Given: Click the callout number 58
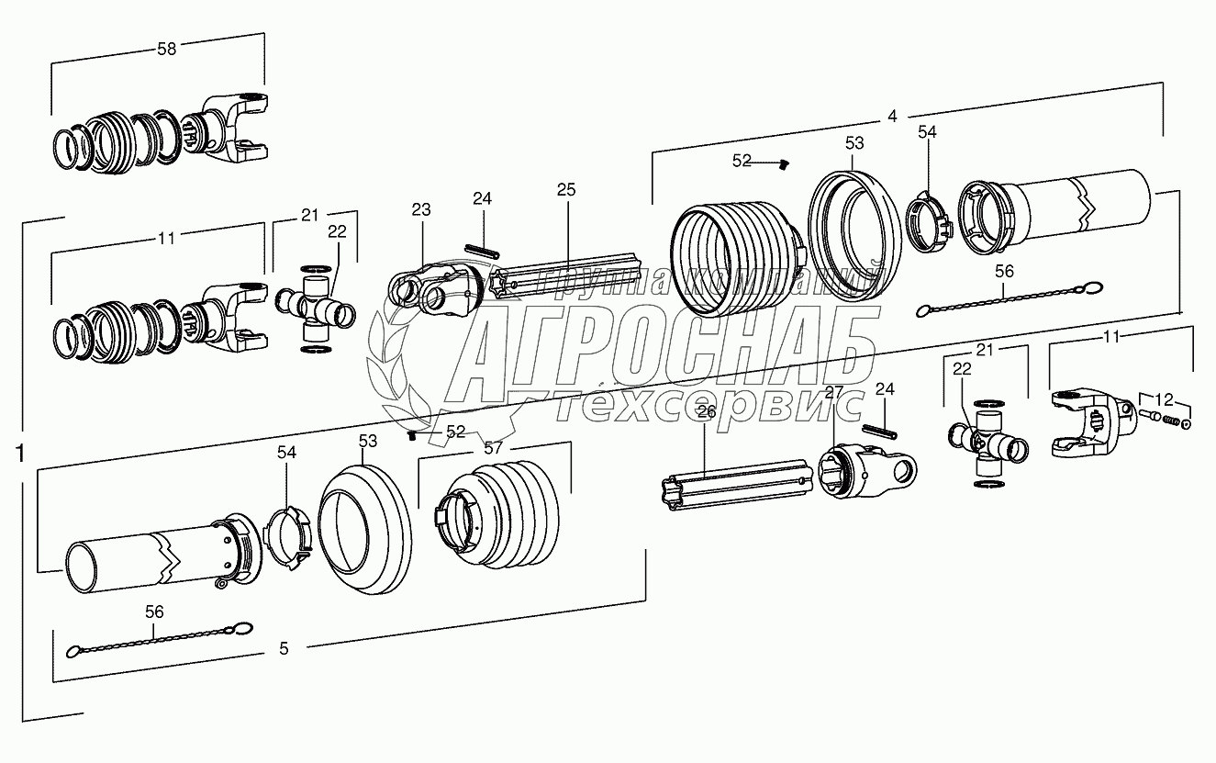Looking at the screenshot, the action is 167,50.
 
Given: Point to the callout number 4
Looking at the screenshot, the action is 892,117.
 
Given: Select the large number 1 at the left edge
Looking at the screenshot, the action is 20,454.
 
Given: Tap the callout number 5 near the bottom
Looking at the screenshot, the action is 284,648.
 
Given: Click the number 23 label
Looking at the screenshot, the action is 420,209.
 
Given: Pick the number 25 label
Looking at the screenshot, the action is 565,189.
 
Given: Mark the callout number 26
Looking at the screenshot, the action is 707,412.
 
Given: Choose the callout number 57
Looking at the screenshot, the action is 493,448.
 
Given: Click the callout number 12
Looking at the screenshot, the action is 1164,400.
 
